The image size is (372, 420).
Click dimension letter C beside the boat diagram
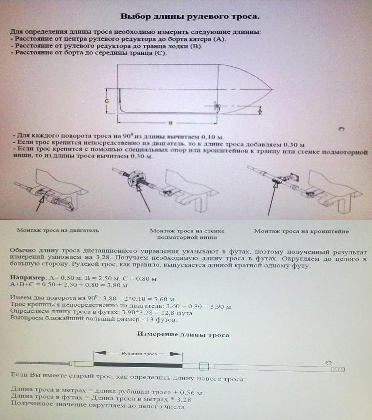pyautogui.click(x=106, y=100)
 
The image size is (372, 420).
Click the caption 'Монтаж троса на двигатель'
pyautogui.click(x=58, y=230)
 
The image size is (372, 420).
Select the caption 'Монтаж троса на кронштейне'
pyautogui.click(x=301, y=231)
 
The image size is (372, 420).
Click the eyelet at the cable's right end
pyautogui.click(x=339, y=369)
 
